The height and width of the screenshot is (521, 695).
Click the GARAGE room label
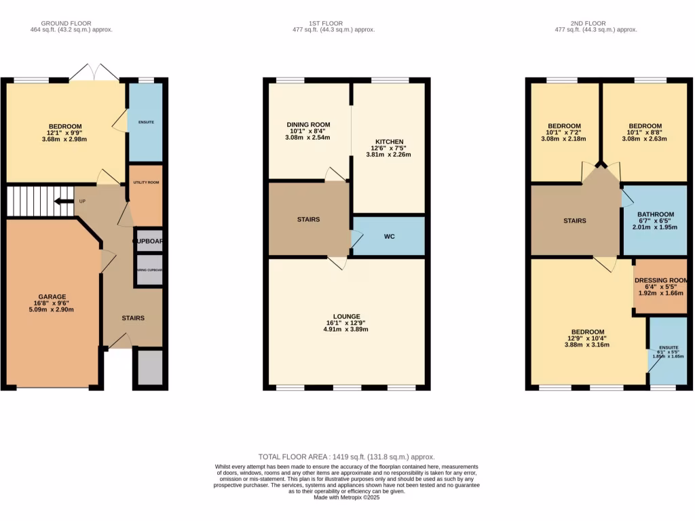tap(52, 296)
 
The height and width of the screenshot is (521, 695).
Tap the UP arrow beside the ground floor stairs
tap(64, 201)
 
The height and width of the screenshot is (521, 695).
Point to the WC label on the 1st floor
tap(390, 237)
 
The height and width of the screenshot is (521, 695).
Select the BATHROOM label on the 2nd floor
tap(655, 215)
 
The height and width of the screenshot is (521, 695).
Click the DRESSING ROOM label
tap(661, 280)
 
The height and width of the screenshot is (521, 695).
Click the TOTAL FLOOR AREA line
tap(347, 457)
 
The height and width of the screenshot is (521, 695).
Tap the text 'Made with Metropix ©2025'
tap(347, 497)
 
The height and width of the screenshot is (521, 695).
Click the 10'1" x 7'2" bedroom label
tap(564, 126)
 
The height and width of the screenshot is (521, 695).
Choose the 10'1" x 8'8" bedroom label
tap(645, 126)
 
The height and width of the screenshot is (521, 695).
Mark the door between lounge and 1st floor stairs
tap(337, 262)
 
